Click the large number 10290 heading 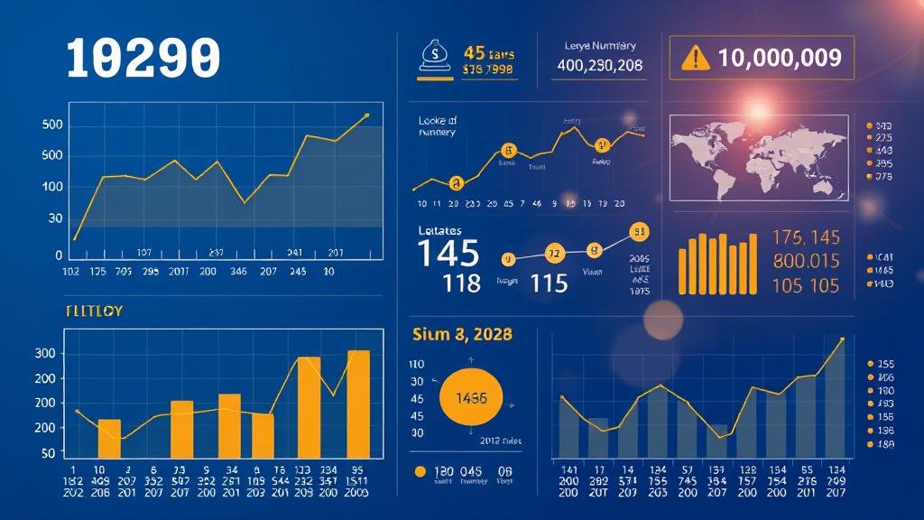(143, 59)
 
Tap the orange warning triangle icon (692, 59)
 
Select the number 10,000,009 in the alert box (780, 59)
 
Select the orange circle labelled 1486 (470, 397)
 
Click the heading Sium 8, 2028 (461, 334)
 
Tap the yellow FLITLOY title (94, 311)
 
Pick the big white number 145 (448, 254)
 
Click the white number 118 (462, 283)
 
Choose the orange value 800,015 (806, 262)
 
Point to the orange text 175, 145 (806, 237)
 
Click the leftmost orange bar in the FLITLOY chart (109, 438)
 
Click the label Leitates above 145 (441, 231)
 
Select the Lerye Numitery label (600, 45)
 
